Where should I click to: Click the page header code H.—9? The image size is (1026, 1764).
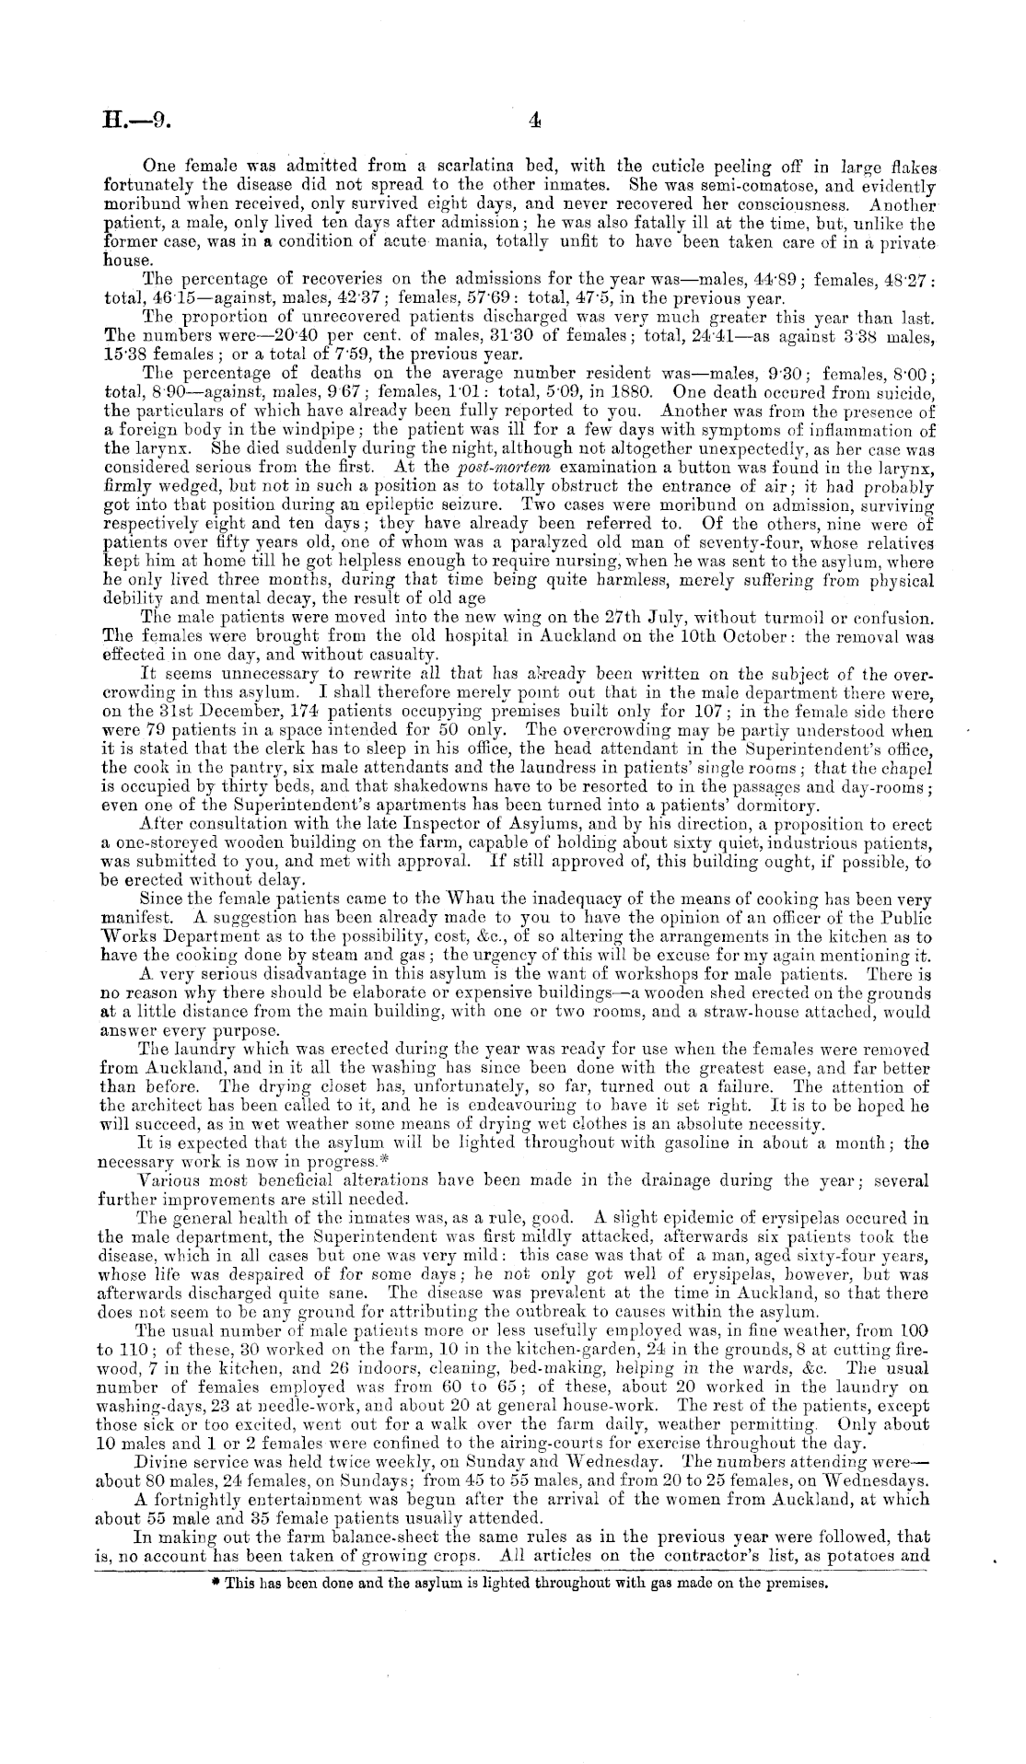click(134, 122)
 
